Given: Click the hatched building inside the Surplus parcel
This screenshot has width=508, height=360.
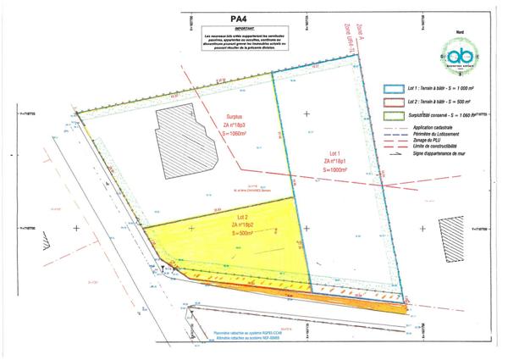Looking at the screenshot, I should click(x=188, y=141).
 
